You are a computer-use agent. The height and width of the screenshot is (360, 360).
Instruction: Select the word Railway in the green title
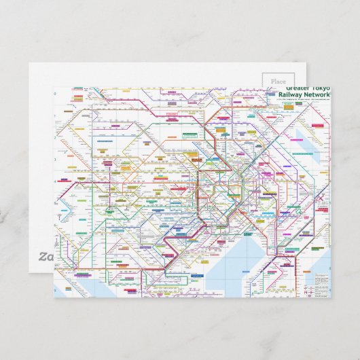(x=297, y=96)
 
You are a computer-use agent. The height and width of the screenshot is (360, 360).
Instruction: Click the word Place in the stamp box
(x=278, y=81)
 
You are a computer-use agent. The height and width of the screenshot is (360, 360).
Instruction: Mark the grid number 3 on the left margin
(x=56, y=183)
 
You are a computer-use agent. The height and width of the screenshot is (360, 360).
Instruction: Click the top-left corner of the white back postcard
(x=29, y=64)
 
